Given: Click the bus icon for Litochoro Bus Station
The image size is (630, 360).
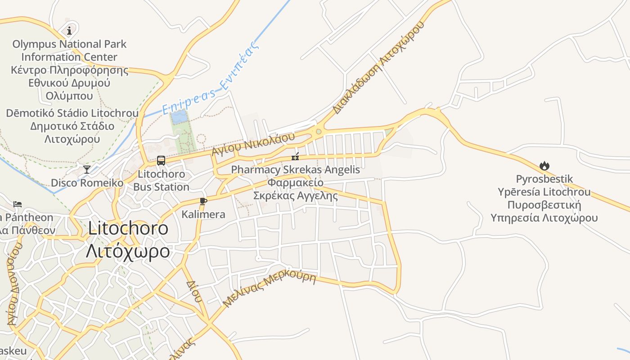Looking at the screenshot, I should pos(161,160).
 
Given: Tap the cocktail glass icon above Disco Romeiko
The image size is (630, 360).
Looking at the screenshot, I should pos(87,169).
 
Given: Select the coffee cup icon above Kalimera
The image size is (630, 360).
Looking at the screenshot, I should pos(203,201).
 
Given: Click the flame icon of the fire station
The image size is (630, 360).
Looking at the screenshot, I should pos(544,166).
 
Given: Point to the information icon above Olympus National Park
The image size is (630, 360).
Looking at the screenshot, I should pos(69,31).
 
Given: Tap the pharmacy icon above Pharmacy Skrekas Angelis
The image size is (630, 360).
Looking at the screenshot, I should pos(295,156).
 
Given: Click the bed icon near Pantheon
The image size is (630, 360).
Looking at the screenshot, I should pos(18,204).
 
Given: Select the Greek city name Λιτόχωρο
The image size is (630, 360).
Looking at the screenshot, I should pos(128,251).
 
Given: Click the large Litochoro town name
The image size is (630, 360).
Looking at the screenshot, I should pos(128,228).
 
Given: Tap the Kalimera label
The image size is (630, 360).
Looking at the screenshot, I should pos(203,214).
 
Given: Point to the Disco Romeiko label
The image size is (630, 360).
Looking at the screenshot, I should pos(87,183).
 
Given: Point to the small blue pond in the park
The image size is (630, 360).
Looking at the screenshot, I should pos(179,117).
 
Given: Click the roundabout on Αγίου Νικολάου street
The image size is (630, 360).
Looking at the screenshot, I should pos(319,132).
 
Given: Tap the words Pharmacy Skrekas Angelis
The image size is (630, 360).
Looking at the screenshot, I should pos(295,170).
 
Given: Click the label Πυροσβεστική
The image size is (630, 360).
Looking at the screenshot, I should pos(544,205).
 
